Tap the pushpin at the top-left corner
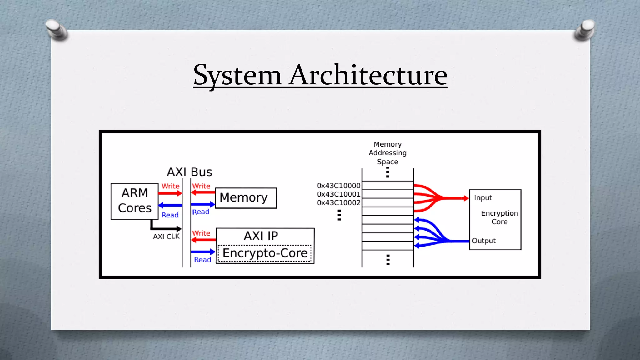tap(56, 29)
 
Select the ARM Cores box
tap(134, 201)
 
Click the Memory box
tap(246, 198)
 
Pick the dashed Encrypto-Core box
tap(265, 253)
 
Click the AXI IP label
tap(261, 236)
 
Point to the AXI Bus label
tap(189, 172)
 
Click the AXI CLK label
tap(166, 237)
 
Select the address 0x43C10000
tap(339, 186)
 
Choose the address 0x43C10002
tap(339, 203)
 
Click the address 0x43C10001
tap(339, 194)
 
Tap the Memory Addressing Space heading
tap(387, 153)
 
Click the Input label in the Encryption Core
tap(483, 198)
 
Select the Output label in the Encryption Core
tap(484, 241)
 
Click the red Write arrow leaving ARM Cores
tap(170, 193)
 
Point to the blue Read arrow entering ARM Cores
tap(170, 205)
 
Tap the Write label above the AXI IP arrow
tap(201, 233)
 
